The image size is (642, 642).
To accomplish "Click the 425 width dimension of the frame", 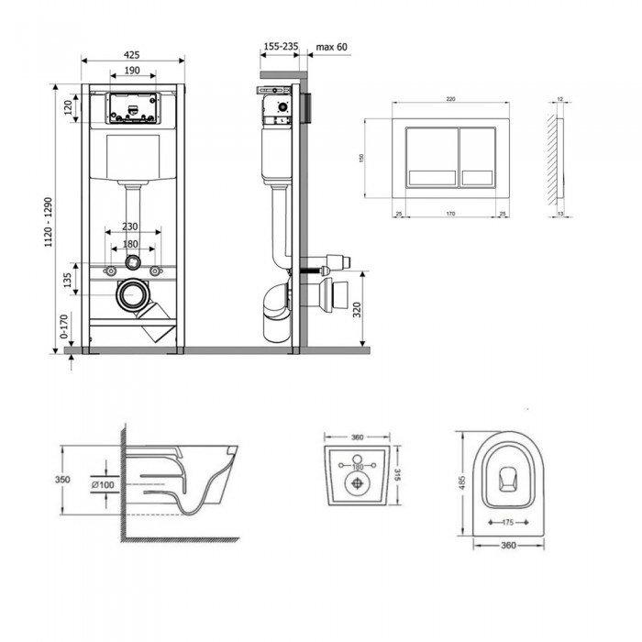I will tap(132, 55).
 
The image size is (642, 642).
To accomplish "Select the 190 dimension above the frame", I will tap(132, 71).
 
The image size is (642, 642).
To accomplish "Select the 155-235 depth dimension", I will tap(280, 46).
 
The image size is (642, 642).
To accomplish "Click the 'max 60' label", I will tap(331, 46).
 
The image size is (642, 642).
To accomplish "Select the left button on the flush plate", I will tap(428, 157).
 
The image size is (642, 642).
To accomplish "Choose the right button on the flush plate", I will tap(477, 157).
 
